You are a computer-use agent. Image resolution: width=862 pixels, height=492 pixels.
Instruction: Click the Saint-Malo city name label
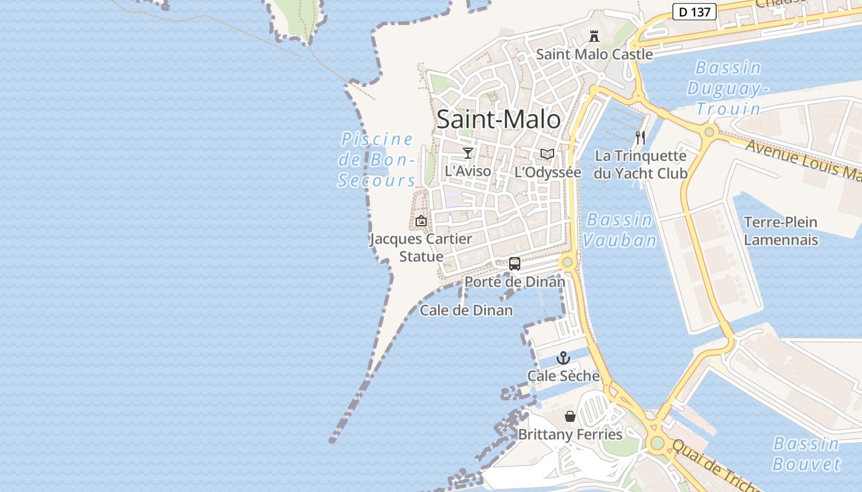point(499,119)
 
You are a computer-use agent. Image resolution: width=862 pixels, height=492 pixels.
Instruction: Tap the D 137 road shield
point(694,11)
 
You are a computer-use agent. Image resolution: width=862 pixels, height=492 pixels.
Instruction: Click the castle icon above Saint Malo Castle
point(594,36)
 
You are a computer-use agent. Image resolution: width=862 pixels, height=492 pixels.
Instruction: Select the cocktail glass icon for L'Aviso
point(468,153)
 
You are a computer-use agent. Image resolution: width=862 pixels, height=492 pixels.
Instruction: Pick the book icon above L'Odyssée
point(547,154)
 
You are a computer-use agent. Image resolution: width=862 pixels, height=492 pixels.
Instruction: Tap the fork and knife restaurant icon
point(640,138)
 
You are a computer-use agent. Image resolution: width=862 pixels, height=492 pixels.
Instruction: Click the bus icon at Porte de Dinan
point(515,264)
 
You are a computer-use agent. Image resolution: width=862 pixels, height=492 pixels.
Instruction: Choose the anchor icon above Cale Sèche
point(563,358)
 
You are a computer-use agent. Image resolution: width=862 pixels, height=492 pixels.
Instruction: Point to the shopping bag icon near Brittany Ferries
point(570,416)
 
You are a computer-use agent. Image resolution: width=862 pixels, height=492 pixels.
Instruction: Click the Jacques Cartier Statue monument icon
point(421,221)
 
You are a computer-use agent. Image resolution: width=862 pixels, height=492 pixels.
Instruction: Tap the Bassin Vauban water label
point(620,229)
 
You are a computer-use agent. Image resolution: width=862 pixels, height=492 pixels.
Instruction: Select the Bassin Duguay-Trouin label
point(728,88)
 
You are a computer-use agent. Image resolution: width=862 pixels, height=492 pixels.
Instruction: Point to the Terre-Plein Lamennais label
point(781,231)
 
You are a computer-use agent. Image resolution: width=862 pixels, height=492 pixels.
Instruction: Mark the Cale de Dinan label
point(466,311)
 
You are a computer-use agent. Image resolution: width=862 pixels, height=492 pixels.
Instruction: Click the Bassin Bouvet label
point(806,453)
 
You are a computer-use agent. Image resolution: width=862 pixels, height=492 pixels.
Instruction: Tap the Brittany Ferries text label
point(570,434)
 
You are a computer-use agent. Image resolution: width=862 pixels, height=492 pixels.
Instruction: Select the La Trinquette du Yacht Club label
point(640,165)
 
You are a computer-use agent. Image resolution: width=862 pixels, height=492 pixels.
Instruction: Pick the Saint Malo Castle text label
point(594,54)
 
